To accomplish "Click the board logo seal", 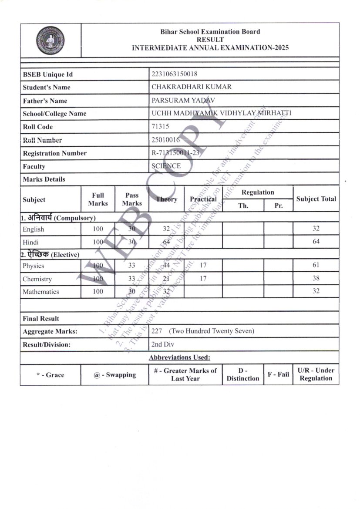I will click(x=50, y=40).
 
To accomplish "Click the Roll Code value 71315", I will click(x=160, y=126).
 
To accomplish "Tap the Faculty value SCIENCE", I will click(x=166, y=166).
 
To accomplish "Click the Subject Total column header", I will click(x=316, y=199).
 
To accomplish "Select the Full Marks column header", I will click(x=98, y=199).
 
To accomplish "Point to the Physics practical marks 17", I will click(x=203, y=265).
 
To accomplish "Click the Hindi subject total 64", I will click(x=316, y=241).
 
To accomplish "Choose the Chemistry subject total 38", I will click(x=316, y=279).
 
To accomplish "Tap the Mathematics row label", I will click(x=41, y=292).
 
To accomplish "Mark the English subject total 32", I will click(x=316, y=229).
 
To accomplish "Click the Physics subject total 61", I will click(x=316, y=265).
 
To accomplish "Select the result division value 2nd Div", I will click(x=163, y=344).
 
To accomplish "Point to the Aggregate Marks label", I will click(x=50, y=331).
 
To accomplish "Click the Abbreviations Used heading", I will click(x=179, y=357).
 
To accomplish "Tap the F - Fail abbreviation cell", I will click(x=278, y=374).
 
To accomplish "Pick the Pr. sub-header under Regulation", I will click(x=278, y=206).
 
